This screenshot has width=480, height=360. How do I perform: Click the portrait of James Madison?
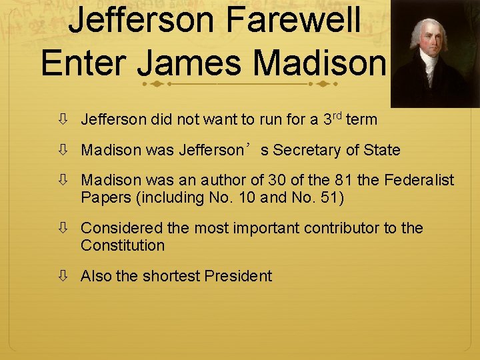point(435,53)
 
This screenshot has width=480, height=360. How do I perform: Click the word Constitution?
point(123,245)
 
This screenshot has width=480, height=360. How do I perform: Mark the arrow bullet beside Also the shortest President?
point(63,276)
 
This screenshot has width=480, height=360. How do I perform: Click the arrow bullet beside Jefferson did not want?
point(63,120)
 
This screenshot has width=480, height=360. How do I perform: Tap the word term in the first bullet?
point(362,120)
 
